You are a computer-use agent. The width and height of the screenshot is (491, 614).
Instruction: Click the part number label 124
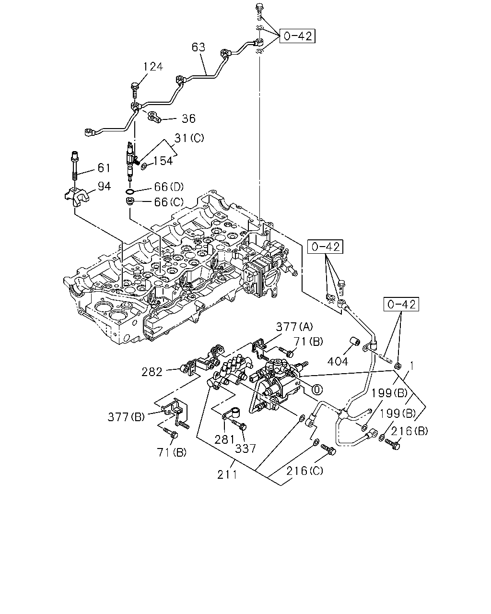(x=153, y=67)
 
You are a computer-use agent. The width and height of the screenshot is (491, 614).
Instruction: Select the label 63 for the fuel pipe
(x=199, y=47)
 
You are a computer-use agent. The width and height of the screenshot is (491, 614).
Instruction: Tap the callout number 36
(x=188, y=118)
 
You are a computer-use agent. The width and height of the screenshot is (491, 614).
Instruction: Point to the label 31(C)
(x=189, y=138)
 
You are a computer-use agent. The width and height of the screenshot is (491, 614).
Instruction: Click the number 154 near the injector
(x=163, y=161)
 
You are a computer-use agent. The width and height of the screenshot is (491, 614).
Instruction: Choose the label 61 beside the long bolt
(x=104, y=168)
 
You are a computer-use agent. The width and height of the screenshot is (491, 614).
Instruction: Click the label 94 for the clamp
(x=104, y=186)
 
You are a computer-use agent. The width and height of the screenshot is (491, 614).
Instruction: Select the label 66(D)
(x=169, y=187)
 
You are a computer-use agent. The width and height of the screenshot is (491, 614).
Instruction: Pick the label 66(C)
(x=169, y=202)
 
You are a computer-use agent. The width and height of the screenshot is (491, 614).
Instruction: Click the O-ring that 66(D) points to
(x=130, y=191)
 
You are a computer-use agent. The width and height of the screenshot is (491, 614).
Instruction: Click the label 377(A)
(x=294, y=327)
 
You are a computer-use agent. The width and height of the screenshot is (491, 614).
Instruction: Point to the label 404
(x=338, y=362)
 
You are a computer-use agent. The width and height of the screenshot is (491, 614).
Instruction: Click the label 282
(x=152, y=372)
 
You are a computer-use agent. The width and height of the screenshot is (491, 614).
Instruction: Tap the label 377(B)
(x=126, y=417)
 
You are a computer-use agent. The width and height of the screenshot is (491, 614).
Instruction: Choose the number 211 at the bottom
(x=227, y=475)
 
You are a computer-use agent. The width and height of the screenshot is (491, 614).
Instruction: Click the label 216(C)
(x=304, y=471)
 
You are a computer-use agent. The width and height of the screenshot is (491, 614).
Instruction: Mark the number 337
(x=245, y=449)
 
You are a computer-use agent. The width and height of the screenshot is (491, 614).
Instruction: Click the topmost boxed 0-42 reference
(x=297, y=36)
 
